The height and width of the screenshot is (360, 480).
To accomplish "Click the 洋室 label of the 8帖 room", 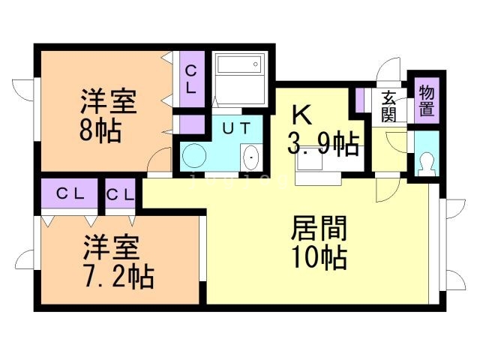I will [x=109, y=101].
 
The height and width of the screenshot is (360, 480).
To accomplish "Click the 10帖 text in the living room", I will [x=319, y=257].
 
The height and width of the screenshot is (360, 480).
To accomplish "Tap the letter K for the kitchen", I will [x=301, y=115].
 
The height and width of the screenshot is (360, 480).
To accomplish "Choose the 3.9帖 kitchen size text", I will [x=322, y=142].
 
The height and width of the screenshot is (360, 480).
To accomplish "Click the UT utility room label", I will [x=236, y=128].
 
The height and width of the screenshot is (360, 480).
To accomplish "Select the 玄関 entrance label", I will [x=388, y=106].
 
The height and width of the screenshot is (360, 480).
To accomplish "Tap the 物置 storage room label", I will [x=426, y=100].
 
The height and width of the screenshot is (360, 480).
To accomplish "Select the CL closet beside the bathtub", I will [x=191, y=79].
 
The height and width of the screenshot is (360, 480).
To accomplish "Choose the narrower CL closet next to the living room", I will [x=121, y=194].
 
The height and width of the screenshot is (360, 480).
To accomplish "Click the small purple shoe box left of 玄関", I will [x=360, y=100].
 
